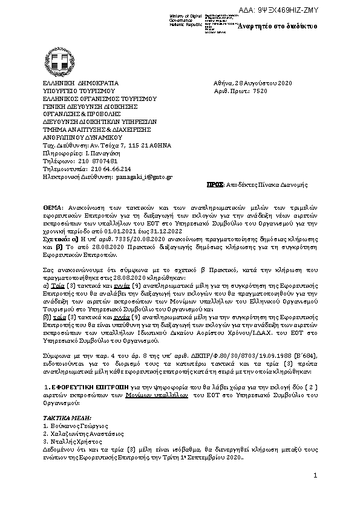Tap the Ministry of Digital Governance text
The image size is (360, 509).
[189, 16]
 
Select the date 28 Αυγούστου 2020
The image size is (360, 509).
[261, 83]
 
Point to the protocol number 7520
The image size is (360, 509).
[259, 91]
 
